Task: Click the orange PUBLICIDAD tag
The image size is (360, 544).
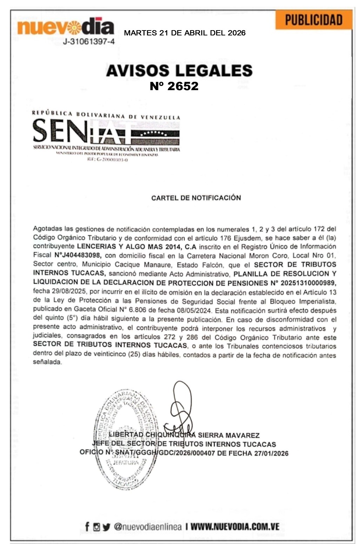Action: tap(313, 20)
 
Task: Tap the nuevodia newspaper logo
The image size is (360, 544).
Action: tap(66, 27)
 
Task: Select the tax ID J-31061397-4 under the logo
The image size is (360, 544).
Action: tap(89, 42)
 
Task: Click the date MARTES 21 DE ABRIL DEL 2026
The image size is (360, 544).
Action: tap(185, 33)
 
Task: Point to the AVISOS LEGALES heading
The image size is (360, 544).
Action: tap(179, 70)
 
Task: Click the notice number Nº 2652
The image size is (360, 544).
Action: tap(174, 86)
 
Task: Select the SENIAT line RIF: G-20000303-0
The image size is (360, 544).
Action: tap(107, 160)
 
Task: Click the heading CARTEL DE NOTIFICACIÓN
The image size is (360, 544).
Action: tap(196, 198)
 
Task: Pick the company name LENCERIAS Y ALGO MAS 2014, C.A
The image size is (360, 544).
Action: tap(136, 247)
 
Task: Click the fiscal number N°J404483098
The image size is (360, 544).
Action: tap(78, 255)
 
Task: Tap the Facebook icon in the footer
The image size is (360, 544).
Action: tap(87, 526)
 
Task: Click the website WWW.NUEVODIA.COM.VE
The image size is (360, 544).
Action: tap(235, 526)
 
